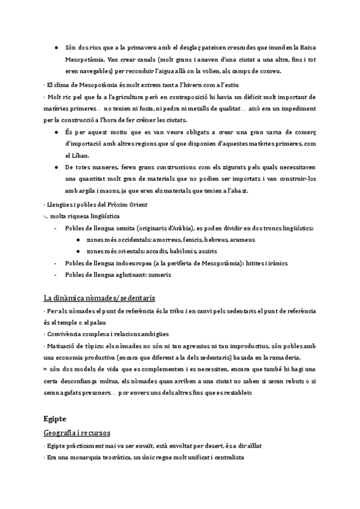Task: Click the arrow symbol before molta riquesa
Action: click(x=46, y=215)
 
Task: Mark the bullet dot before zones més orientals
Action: click(x=79, y=251)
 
